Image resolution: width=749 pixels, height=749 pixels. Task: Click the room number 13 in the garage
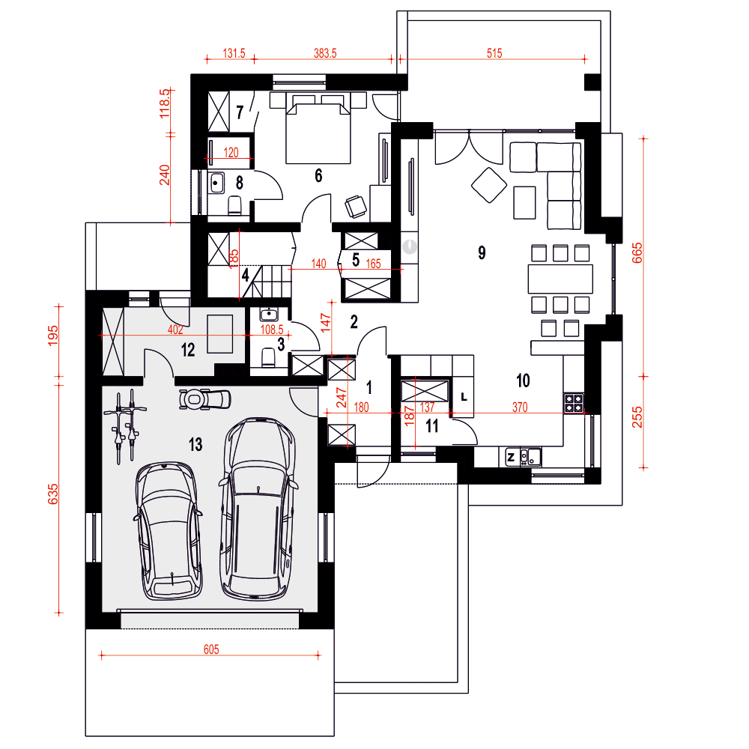195,445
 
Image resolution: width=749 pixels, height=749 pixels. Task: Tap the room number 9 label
482,252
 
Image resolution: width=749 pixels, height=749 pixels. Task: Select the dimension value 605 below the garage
211,649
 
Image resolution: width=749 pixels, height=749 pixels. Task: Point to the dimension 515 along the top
494,53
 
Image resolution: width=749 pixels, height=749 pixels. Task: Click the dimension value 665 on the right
637,252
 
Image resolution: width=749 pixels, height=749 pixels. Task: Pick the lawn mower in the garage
205,399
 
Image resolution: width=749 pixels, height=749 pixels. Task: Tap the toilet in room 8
234,205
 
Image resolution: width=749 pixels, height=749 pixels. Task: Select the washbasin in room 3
269,315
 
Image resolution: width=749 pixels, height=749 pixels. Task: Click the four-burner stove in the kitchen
574,402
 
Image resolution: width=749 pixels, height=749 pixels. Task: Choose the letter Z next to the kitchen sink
511,457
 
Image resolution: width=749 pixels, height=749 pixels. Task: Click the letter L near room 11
464,397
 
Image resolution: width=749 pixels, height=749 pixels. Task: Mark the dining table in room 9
560,279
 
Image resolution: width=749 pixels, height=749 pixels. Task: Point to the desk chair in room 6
356,207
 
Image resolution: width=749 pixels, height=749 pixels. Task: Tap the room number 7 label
240,112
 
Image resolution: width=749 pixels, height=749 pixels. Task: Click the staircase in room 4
269,282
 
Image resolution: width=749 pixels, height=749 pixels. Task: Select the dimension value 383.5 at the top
325,53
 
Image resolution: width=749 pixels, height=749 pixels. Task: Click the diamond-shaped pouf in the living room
489,185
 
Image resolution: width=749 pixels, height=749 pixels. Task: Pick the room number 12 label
188,350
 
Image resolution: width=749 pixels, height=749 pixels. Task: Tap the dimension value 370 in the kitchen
520,407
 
